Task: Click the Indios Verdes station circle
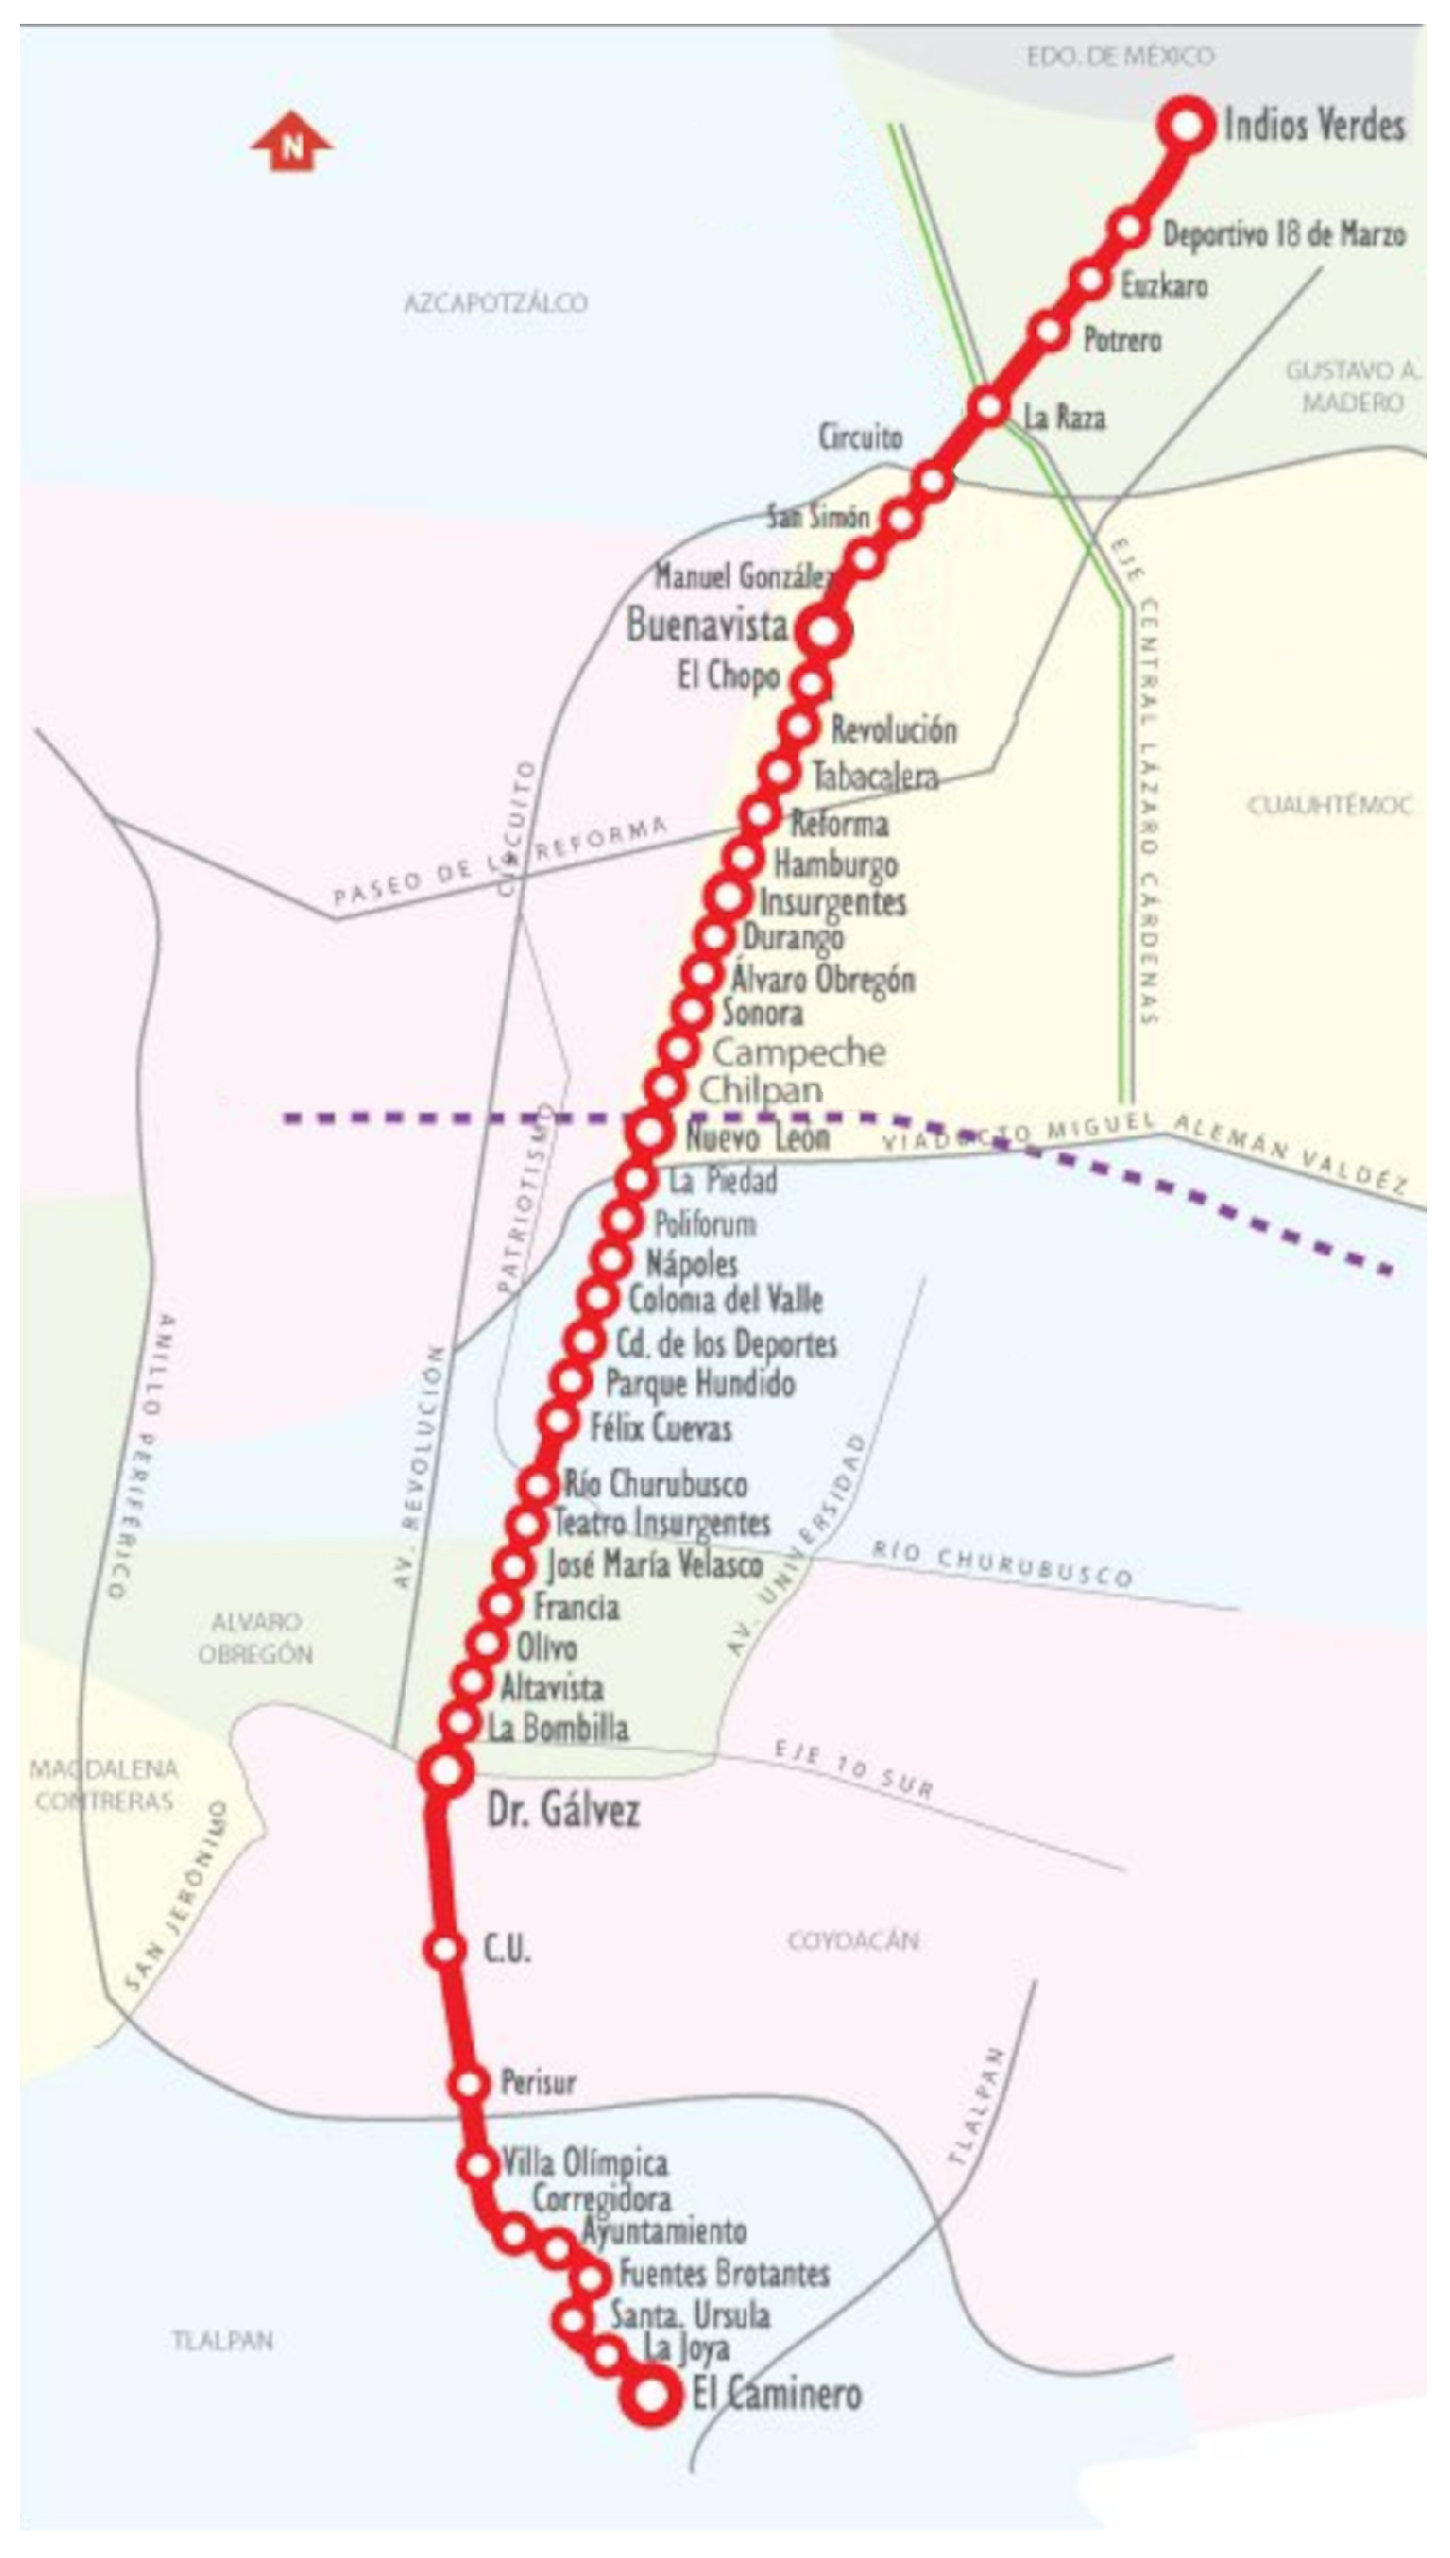[1186, 125]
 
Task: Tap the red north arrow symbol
[291, 141]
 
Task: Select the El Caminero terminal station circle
[651, 2393]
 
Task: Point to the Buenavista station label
[706, 625]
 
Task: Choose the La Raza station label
[1064, 416]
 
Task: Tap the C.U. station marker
[445, 1949]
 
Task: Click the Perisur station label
[538, 2083]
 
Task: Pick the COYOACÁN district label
[853, 1941]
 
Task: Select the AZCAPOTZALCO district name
[495, 303]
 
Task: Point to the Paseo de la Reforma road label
[498, 863]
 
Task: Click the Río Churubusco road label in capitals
[1001, 1563]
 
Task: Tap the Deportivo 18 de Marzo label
[1283, 234]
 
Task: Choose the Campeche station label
[798, 1051]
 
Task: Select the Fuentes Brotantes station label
[724, 2273]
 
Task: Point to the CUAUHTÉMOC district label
[1330, 805]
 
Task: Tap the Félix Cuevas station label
[660, 1427]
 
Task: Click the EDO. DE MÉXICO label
[1120, 56]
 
